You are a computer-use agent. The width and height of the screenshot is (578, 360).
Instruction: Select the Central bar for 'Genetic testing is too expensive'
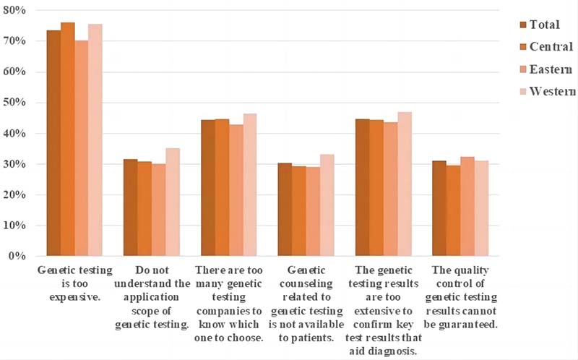coord(67,139)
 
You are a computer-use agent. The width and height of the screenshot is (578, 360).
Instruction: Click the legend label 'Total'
coord(545,25)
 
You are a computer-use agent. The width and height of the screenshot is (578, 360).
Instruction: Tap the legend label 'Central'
coord(551,47)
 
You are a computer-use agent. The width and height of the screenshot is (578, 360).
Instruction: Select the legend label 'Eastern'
coord(551,69)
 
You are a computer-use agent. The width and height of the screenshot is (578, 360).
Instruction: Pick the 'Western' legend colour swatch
coord(524,92)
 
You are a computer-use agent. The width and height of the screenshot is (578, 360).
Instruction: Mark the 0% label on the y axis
coord(17,256)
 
